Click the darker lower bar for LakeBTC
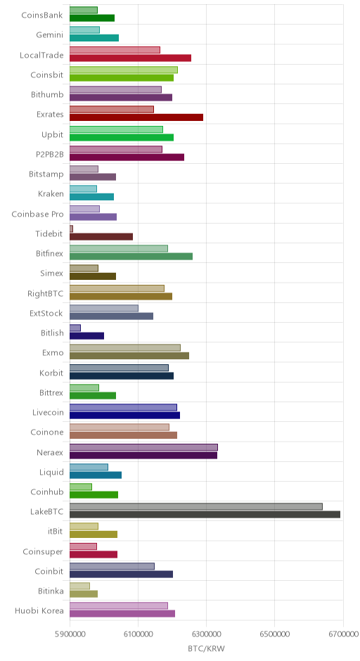tap(205, 514)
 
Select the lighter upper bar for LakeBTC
tap(196, 506)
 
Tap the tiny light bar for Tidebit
tap(71, 229)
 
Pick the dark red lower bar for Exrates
tap(136, 117)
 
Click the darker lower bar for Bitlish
tap(87, 335)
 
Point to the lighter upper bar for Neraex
tap(143, 447)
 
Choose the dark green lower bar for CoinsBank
tap(92, 18)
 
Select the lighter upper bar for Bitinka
tap(79, 586)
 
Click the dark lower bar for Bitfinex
tap(131, 256)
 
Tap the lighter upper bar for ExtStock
tap(103, 308)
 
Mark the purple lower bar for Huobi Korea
tap(122, 614)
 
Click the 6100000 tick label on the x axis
tap(138, 634)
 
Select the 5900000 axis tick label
tap(70, 634)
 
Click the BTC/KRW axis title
tap(207, 648)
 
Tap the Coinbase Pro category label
tap(37, 214)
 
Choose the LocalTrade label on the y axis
tap(41, 56)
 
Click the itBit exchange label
tap(56, 531)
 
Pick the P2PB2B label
tap(50, 154)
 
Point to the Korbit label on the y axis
tap(51, 373)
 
